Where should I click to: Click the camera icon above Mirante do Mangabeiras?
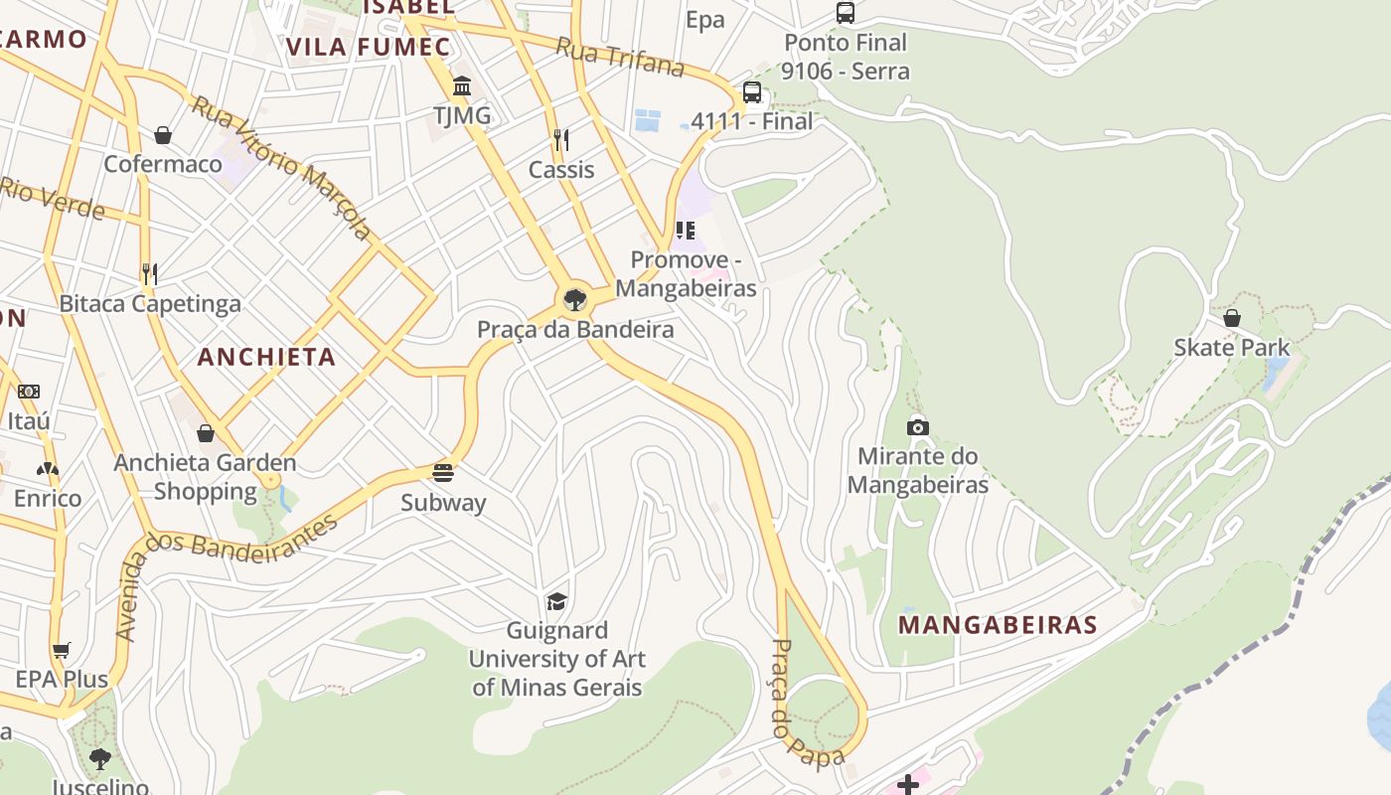pos(918,427)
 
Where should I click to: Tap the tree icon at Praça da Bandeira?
pos(574,299)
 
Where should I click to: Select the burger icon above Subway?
pos(443,472)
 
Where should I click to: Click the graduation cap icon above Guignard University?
pos(556,601)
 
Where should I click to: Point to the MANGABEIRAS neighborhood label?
pos(998,625)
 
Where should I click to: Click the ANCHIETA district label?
pos(266,357)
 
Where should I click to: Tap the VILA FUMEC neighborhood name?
pos(368,47)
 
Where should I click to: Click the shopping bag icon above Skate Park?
pos(1231,318)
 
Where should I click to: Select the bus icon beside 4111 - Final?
pos(752,92)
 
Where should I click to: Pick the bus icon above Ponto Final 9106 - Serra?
pos(845,13)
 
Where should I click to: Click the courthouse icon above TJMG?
pos(462,86)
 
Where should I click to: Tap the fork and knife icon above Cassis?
pos(561,140)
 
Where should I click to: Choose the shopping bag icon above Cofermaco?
pos(163,134)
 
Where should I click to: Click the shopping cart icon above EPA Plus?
pos(62,651)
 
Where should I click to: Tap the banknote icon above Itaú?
pos(29,392)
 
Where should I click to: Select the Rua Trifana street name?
pos(620,58)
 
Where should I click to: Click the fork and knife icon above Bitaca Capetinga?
pos(150,273)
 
